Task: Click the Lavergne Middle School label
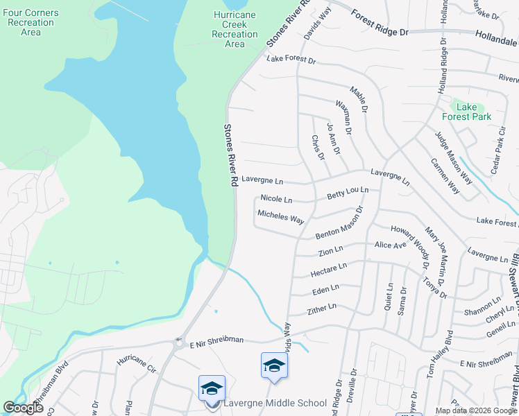pyautogui.click(x=275, y=403)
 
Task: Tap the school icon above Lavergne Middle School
pyautogui.click(x=212, y=388)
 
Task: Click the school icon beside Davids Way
pyautogui.click(x=274, y=365)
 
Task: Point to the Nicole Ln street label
pyautogui.click(x=276, y=199)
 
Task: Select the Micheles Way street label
pyautogui.click(x=281, y=217)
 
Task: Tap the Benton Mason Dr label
pyautogui.click(x=339, y=223)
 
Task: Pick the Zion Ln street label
pyautogui.click(x=330, y=250)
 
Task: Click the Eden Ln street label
pyautogui.click(x=325, y=288)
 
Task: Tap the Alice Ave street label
pyautogui.click(x=390, y=245)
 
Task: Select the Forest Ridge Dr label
pyautogui.click(x=381, y=24)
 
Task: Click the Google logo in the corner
pyautogui.click(x=24, y=408)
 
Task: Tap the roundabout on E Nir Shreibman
pyautogui.click(x=180, y=342)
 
